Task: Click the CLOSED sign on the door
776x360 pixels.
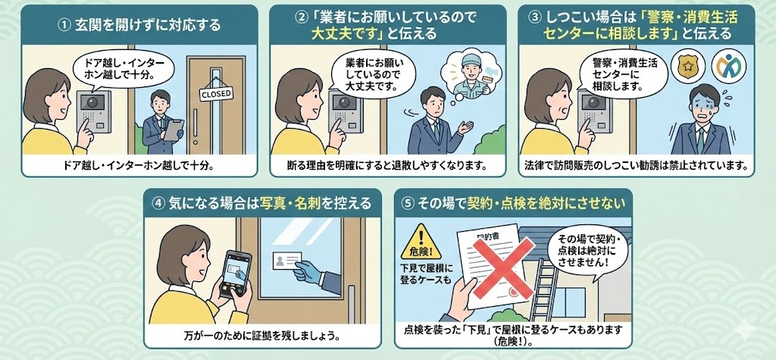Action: tap(216, 93)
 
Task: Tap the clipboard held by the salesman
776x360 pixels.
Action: tap(174, 130)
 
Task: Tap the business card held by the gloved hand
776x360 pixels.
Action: tap(286, 260)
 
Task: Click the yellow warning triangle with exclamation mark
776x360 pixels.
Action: tap(421, 241)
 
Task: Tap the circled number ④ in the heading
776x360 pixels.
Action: tap(158, 204)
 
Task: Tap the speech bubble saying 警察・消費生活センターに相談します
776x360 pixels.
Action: tap(622, 75)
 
